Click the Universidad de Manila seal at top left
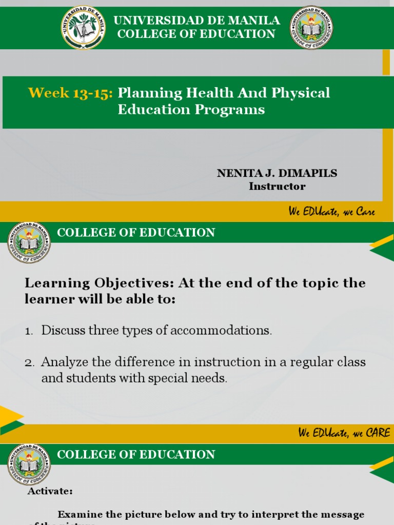[83, 27]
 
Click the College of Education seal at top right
[311, 27]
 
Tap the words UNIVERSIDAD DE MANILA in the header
[196, 21]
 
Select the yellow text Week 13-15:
[70, 93]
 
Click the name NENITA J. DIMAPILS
[277, 173]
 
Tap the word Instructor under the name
[277, 187]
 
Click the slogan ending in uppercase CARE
[344, 433]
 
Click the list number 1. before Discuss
[29, 331]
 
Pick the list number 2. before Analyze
[30, 363]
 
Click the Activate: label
[50, 491]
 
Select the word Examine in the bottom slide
[80, 514]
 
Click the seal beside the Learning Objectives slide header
[29, 242]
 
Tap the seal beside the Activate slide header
[29, 464]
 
